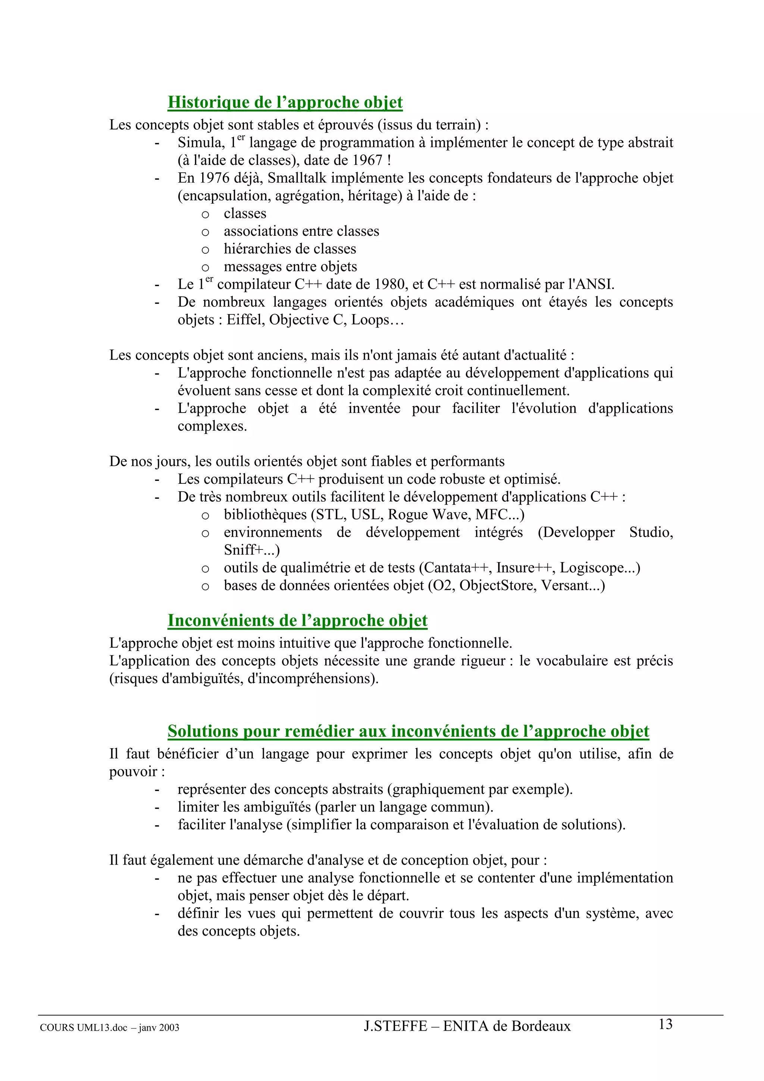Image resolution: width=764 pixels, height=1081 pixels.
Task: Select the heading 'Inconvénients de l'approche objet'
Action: coord(297,621)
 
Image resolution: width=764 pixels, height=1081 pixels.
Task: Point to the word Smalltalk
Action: coord(297,178)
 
